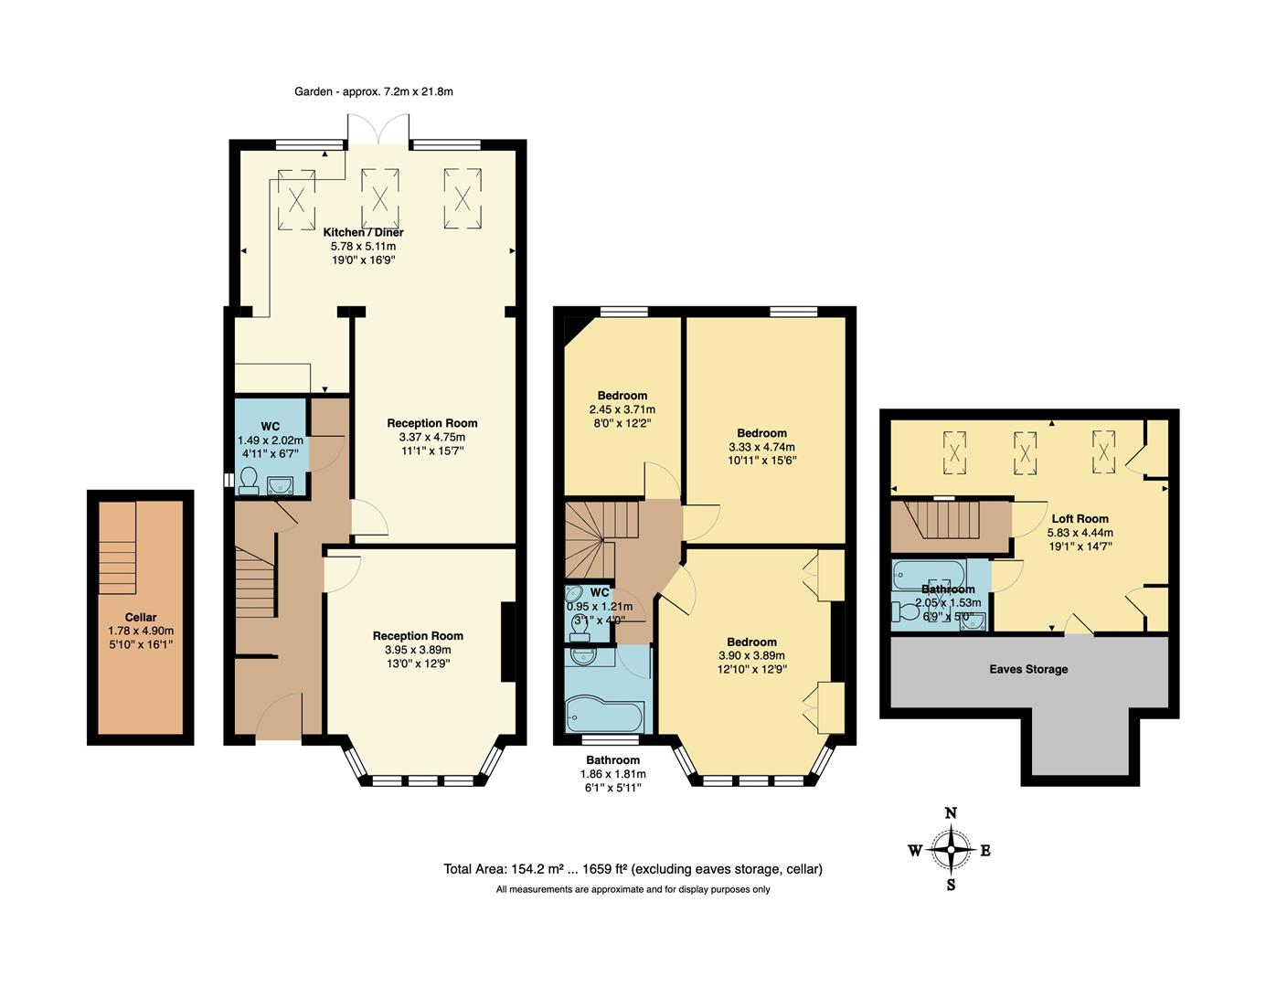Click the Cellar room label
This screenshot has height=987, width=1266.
click(141, 618)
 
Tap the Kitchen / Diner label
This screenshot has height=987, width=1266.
click(363, 232)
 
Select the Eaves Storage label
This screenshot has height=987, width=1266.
click(1028, 669)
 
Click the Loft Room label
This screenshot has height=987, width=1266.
click(1080, 518)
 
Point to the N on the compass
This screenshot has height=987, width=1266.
click(951, 813)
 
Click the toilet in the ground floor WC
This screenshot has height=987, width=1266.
click(248, 481)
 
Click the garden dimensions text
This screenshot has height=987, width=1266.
click(374, 91)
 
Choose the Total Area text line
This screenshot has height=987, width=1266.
click(633, 869)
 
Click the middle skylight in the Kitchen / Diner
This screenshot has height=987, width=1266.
click(379, 197)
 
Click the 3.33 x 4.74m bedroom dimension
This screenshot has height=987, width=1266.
click(761, 447)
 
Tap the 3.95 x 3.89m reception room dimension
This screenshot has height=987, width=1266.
click(418, 650)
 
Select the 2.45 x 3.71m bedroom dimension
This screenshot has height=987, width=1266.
click(622, 409)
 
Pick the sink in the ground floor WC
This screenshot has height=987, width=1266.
click(282, 483)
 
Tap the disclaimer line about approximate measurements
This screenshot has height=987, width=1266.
click(633, 889)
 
